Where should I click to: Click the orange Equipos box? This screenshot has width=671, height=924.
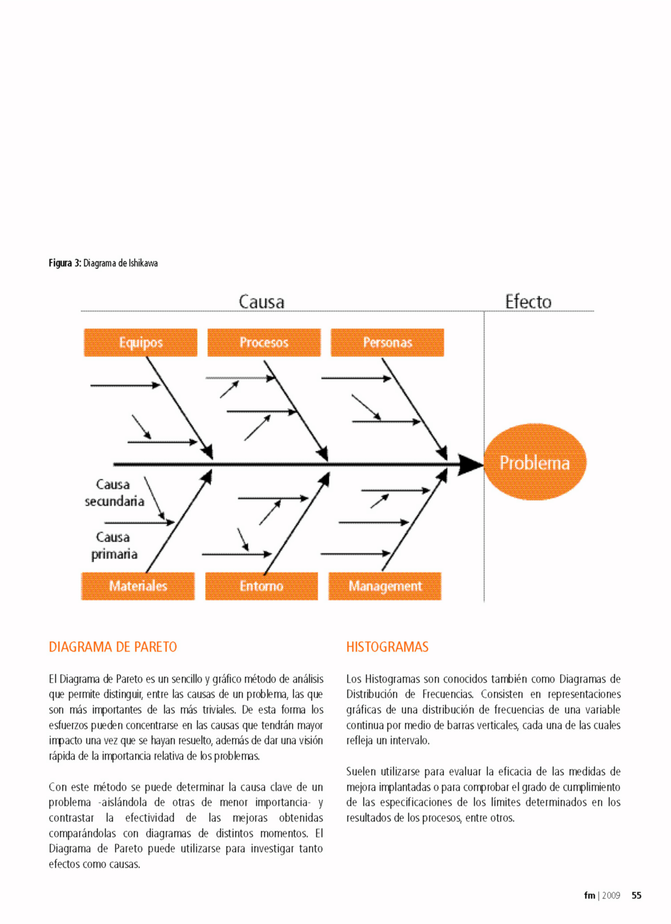pos(141,343)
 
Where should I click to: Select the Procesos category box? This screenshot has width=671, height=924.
pos(264,343)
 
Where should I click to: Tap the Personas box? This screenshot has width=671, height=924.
pos(387,343)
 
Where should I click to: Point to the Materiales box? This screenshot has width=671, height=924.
pos(138,586)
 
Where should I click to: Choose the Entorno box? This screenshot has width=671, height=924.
pos(261,586)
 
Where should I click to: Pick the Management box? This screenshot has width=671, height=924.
pos(385,586)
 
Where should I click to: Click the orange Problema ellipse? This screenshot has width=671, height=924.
pos(534,462)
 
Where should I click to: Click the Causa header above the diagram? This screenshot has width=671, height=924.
pos(261,302)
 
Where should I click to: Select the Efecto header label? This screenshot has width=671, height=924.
pos(528,302)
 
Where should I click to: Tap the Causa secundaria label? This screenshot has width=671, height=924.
pos(114,493)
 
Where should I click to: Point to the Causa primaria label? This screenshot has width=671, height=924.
pos(114,545)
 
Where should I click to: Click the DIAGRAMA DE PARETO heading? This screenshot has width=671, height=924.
pos(113,647)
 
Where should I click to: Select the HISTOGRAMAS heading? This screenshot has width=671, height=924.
pos(387,647)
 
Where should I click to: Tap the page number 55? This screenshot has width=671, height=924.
pos(636,896)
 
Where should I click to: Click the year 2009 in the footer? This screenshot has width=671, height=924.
pos(611,896)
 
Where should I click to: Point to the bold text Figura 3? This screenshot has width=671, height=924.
pos(65,263)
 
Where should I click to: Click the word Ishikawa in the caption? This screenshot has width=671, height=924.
pos(143,263)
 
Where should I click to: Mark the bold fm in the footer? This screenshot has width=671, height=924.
pos(589,896)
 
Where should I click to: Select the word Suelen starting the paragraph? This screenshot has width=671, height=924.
pos(361,771)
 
